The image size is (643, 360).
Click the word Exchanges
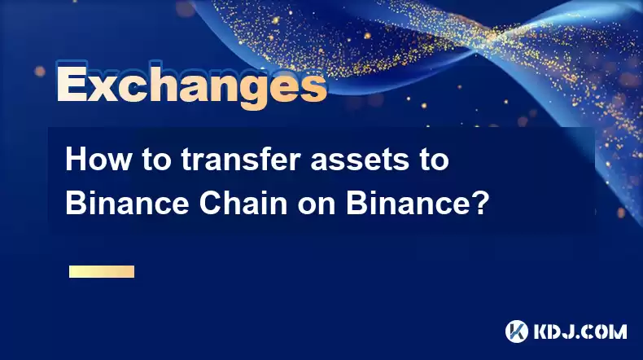click(191, 86)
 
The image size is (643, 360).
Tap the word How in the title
click(98, 160)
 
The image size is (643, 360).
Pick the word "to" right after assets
click(435, 160)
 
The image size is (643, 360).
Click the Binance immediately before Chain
click(127, 204)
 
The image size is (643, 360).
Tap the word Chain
click(243, 204)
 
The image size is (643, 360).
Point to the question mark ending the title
click(479, 204)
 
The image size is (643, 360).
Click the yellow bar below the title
click(102, 271)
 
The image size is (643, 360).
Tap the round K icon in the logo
click(517, 331)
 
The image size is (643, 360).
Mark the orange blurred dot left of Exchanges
click(40, 72)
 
